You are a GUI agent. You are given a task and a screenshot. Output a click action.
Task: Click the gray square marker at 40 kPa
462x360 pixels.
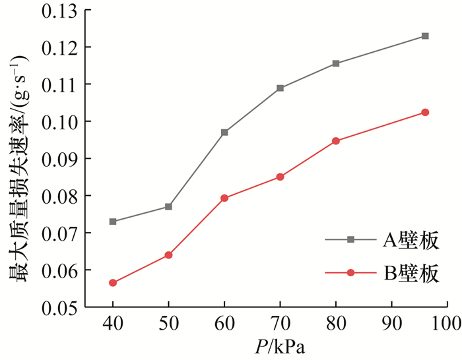pyautogui.click(x=113, y=222)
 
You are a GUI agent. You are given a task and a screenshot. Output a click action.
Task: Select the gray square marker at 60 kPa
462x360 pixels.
pyautogui.click(x=224, y=133)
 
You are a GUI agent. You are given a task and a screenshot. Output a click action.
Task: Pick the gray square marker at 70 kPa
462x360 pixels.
pyautogui.click(x=280, y=88)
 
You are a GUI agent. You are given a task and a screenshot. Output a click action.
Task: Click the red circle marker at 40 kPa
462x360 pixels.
pyautogui.click(x=113, y=283)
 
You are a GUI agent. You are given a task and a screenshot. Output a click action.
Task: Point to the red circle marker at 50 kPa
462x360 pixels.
pyautogui.click(x=168, y=255)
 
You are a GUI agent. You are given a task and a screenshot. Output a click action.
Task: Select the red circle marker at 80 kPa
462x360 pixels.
pyautogui.click(x=336, y=141)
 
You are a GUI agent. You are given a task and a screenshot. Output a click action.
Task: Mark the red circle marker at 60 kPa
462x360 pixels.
pyautogui.click(x=224, y=198)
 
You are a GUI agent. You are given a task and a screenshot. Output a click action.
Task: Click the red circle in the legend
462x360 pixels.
pyautogui.click(x=351, y=273)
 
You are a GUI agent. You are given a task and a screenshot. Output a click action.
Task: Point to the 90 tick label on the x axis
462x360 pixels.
pyautogui.click(x=392, y=324)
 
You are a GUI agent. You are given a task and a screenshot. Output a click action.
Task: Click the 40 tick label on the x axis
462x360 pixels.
pyautogui.click(x=113, y=324)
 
